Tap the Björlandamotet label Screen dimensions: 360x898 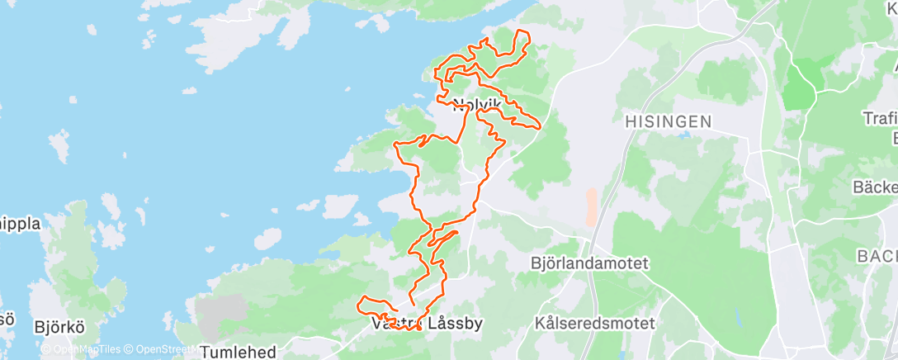coord(589,264)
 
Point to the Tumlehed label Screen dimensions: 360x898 coord(238,352)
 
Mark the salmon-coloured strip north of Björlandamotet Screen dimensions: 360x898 coord(590,206)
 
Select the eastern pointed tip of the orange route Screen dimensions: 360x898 coord(539,127)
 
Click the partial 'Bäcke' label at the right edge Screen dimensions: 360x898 coord(877,187)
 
